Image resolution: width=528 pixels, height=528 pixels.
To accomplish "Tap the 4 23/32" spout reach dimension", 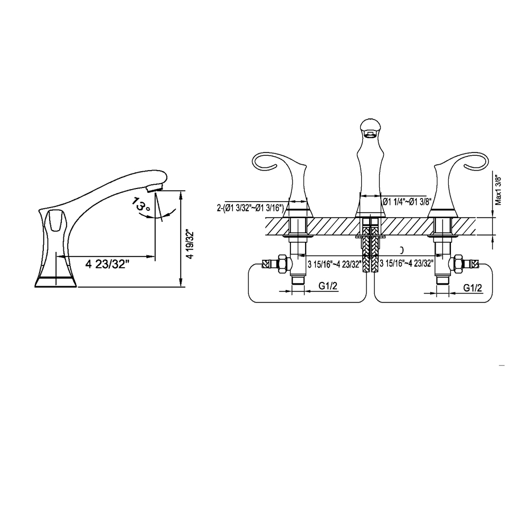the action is tap(107, 265).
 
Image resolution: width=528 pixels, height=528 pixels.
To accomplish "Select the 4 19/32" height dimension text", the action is tap(191, 244).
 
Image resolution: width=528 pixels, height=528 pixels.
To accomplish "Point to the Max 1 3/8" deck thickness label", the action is tap(498, 191).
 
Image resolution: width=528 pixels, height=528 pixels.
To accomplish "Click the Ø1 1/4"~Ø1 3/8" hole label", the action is tap(407, 201).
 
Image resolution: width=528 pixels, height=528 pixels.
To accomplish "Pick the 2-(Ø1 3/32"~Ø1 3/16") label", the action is tap(250, 208).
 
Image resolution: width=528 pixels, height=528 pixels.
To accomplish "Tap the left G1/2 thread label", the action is tap(328, 286).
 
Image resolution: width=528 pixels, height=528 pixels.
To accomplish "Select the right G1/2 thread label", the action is tap(473, 288).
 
